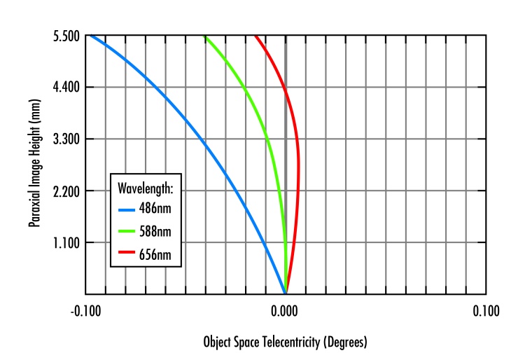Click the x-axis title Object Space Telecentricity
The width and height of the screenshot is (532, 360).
coord(285,342)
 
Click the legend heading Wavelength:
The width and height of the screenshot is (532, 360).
coord(148,188)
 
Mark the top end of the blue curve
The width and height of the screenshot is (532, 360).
coord(89,36)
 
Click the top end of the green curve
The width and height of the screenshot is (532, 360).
coord(204,36)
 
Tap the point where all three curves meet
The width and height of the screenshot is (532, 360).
coord(285,293)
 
